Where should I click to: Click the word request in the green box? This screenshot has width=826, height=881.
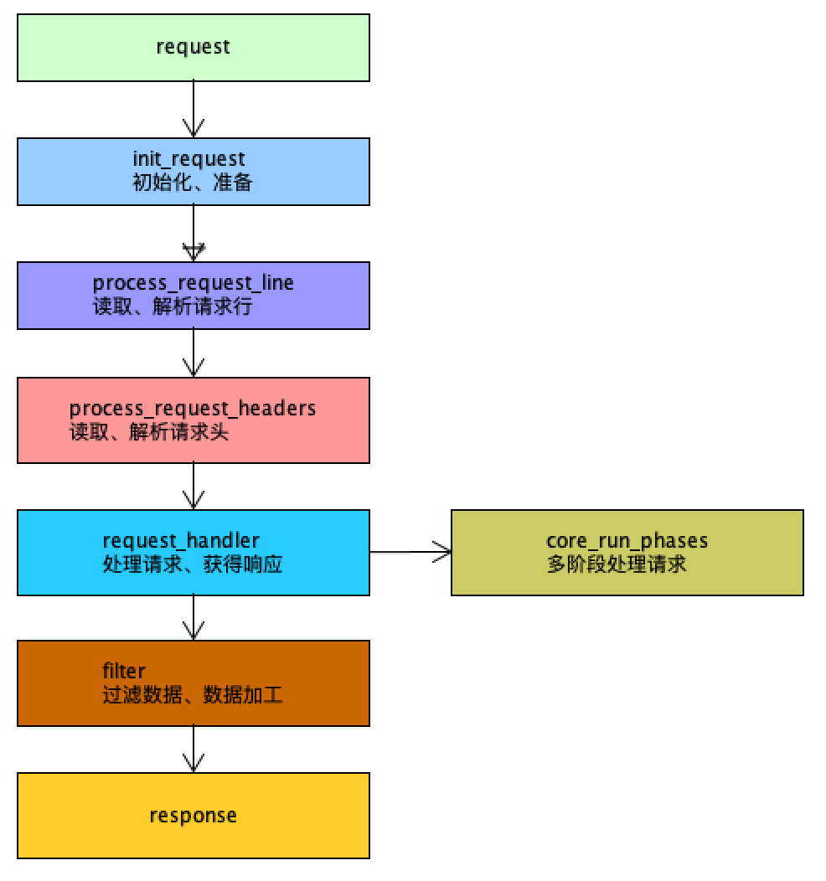(x=193, y=47)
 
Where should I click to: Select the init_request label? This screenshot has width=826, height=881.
(x=188, y=159)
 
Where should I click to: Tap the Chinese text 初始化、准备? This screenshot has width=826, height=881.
(x=192, y=182)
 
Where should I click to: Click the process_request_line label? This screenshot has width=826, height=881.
(x=194, y=283)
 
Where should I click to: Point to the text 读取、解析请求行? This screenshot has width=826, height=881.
(x=173, y=307)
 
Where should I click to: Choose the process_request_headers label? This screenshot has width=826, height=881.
(x=193, y=409)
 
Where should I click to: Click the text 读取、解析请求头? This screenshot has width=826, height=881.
(x=149, y=432)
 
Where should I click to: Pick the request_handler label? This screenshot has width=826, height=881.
(x=181, y=540)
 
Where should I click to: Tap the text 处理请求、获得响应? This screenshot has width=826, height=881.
(x=193, y=564)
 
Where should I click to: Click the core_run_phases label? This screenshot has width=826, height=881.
(x=627, y=540)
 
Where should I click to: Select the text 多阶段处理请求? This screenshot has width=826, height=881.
(x=617, y=564)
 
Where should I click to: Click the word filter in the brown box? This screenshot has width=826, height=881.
(x=124, y=671)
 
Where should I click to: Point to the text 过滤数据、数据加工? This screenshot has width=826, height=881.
(x=193, y=694)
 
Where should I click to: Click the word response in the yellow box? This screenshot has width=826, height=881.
(x=193, y=815)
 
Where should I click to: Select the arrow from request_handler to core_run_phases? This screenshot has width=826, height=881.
(x=410, y=552)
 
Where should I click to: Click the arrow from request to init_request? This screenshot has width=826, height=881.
(x=194, y=110)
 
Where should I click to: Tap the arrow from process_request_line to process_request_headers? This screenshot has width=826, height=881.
(x=194, y=353)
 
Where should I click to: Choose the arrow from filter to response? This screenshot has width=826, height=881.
(x=194, y=749)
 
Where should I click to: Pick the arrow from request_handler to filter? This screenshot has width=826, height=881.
(x=194, y=617)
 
